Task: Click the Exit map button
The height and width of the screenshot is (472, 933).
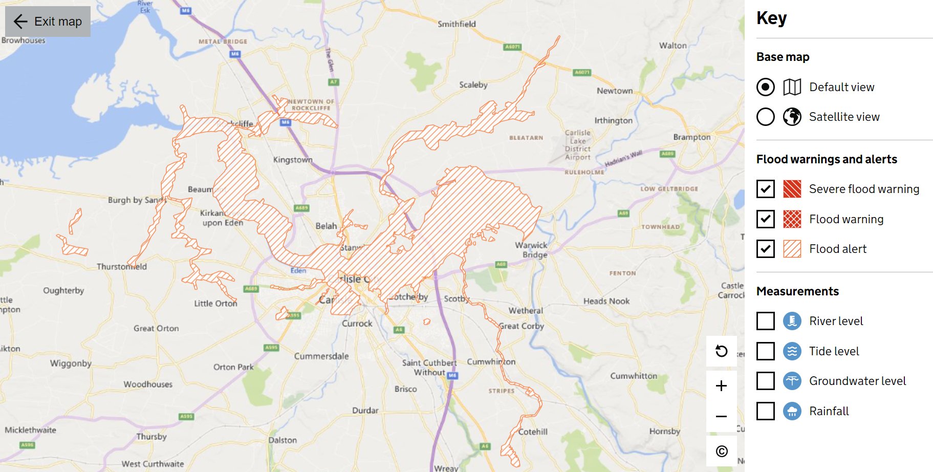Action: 48,22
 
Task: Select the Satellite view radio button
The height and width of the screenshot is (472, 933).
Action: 765,117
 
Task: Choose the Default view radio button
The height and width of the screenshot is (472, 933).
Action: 765,87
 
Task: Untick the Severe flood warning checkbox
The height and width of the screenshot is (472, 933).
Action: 765,189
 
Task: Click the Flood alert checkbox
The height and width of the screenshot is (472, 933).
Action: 765,249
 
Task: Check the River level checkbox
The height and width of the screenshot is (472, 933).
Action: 765,321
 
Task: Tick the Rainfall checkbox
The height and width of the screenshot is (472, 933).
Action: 765,411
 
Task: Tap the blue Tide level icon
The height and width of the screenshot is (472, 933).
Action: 792,351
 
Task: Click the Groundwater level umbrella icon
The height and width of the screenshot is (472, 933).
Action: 792,381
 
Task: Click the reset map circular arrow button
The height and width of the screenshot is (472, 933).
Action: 721,351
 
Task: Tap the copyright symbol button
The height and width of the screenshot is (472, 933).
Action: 721,451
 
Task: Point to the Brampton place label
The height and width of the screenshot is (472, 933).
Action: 691,137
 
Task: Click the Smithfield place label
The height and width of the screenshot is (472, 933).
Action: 457,24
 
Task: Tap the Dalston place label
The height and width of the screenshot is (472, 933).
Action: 283,440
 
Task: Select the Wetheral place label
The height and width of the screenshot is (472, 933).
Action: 526,311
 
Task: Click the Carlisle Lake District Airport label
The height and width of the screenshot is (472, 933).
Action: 578,145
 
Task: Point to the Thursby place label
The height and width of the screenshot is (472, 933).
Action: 151,436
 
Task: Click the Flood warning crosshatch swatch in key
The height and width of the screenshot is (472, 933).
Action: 792,219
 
